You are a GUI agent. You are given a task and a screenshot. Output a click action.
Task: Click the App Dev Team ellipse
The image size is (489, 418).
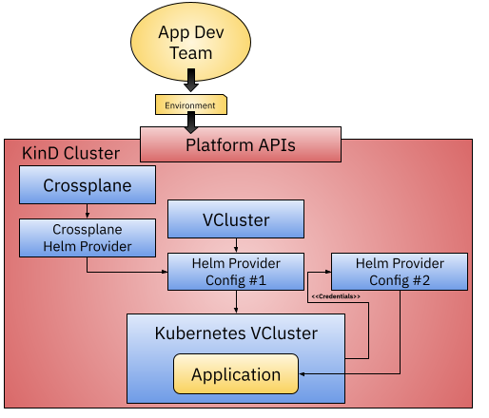coord(190,42)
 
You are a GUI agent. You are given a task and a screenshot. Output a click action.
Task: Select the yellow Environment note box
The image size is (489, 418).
coord(191,104)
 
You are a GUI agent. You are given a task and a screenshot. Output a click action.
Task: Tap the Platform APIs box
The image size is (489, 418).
coord(241,144)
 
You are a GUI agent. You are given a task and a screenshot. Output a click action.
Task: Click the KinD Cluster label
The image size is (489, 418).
coord(70,153)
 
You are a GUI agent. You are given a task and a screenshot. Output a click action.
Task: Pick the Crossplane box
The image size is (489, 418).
coord(88,185)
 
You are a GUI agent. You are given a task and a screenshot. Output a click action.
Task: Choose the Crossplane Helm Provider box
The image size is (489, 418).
coord(88,237)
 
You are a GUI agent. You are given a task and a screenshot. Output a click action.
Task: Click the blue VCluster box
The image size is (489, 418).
coord(236,219)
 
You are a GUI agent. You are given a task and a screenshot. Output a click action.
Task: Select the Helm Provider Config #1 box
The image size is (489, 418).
coord(236,272)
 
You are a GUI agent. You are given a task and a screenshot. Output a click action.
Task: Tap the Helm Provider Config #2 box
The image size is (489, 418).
coord(400,272)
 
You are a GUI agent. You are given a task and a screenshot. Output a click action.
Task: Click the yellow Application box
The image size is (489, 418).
coord(236,374)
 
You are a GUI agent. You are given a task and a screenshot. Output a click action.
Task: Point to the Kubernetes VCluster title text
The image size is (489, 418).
coord(236,333)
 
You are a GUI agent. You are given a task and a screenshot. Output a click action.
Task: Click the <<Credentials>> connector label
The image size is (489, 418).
coord(336,296)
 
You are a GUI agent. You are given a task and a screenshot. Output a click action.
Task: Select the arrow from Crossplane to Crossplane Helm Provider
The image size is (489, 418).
coord(88,211)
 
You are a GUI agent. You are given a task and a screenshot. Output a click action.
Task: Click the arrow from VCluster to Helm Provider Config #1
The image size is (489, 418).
coord(236,245)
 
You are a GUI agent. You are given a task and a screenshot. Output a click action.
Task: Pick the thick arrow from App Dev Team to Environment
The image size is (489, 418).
coord(191,80)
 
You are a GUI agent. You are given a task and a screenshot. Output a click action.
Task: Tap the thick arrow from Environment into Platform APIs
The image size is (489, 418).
coord(191,123)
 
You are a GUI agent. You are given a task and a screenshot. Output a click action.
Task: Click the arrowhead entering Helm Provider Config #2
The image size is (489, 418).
coord(328,272)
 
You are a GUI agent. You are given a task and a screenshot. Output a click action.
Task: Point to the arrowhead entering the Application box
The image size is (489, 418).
coord(302,374)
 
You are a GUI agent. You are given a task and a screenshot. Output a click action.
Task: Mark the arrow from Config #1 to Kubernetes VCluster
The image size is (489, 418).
coord(236,302)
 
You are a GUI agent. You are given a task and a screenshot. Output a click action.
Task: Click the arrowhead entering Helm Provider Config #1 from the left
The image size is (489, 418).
coord(165,272)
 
